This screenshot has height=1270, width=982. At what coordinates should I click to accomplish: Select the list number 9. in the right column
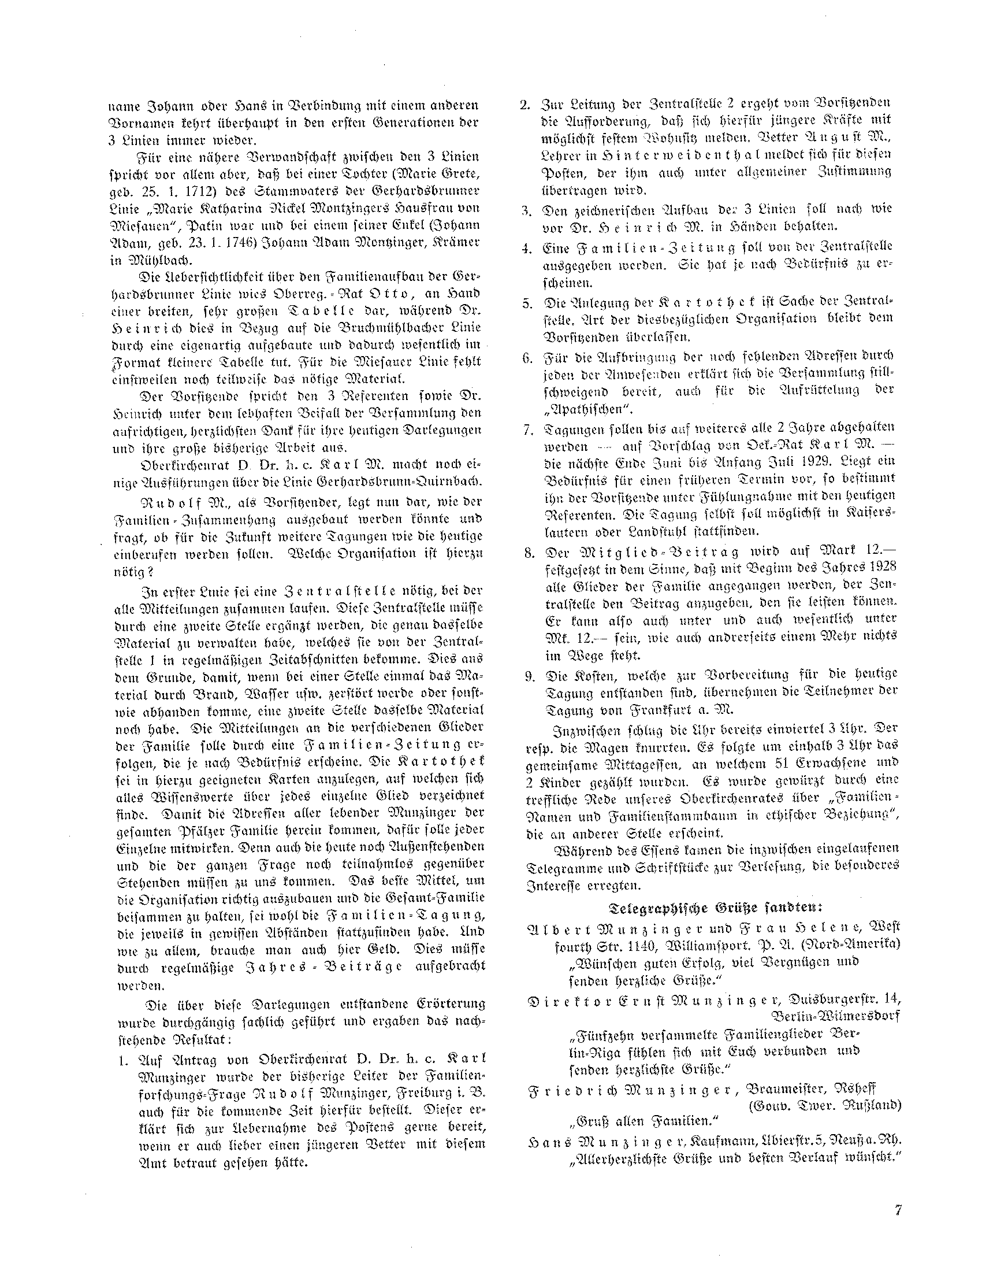tap(529, 676)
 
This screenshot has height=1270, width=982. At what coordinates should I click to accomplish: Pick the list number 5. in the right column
tap(529, 304)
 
